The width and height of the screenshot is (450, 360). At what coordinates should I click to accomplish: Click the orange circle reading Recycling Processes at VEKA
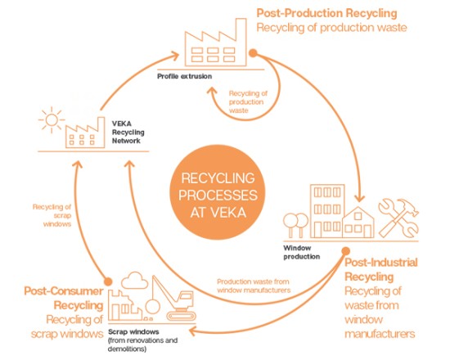[x=218, y=192]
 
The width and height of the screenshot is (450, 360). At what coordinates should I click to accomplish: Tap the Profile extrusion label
[x=185, y=76]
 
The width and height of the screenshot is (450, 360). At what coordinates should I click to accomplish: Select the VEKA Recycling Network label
[x=128, y=132]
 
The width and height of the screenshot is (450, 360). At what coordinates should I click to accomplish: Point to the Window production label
[x=301, y=252]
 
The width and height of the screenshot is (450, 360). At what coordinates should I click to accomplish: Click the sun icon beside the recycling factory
[x=52, y=120]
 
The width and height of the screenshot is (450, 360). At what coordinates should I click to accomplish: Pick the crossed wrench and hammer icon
[x=398, y=218]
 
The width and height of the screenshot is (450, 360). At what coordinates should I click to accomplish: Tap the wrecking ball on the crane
[x=152, y=306]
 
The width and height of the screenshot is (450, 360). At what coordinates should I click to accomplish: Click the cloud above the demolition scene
[x=135, y=280]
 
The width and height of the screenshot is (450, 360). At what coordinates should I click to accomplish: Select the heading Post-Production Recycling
[x=326, y=13]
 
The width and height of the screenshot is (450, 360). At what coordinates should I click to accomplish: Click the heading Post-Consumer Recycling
[x=64, y=298]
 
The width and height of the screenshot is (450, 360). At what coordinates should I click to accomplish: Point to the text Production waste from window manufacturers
[x=254, y=286]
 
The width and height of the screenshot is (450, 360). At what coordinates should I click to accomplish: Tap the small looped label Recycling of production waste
[x=248, y=102]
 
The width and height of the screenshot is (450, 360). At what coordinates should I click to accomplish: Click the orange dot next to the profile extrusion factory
[x=253, y=53]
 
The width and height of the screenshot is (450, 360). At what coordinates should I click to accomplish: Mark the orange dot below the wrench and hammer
[x=346, y=251]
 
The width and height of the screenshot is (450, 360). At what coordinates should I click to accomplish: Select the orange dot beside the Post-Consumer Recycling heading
[x=108, y=281]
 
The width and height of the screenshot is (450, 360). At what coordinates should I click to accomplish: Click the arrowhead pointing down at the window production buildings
[x=359, y=198]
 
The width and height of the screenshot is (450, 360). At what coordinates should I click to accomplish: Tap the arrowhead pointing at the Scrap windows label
[x=193, y=331]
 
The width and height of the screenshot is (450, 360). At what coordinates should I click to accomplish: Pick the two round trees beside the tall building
[x=295, y=225]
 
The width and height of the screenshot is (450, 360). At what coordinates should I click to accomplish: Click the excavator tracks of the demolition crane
[x=181, y=316]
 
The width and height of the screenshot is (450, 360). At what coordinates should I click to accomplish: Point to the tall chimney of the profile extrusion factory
[x=241, y=42]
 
